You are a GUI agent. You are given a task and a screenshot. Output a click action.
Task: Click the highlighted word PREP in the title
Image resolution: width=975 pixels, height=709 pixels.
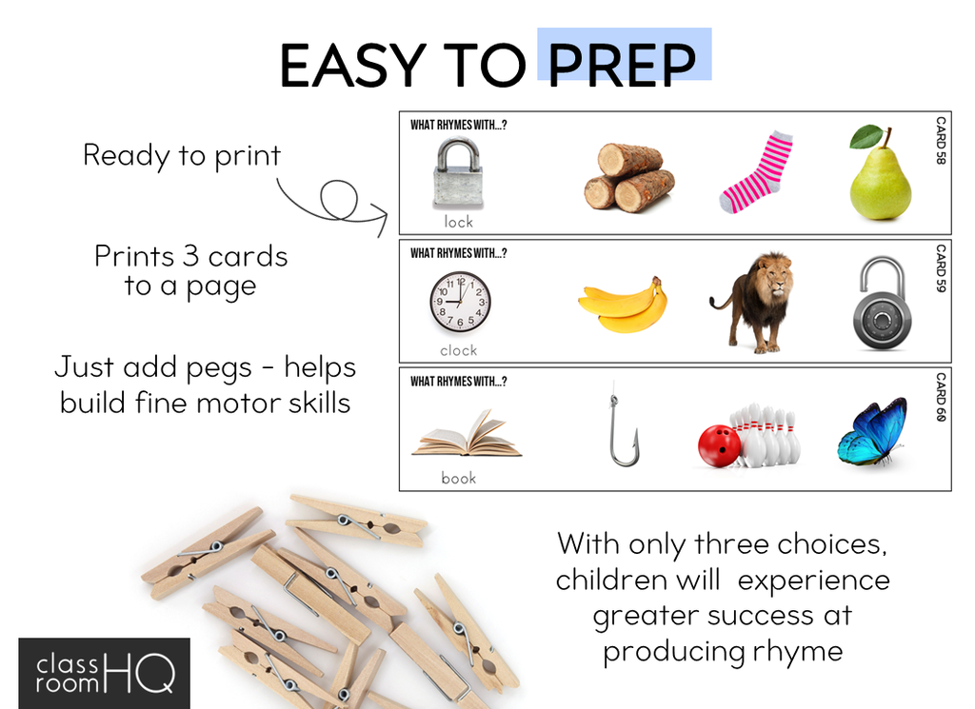pyautogui.click(x=622, y=65)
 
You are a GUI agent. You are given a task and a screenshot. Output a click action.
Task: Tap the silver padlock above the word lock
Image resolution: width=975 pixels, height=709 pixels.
pyautogui.click(x=458, y=173)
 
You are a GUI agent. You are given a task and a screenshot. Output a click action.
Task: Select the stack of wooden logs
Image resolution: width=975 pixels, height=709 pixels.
pyautogui.click(x=628, y=178)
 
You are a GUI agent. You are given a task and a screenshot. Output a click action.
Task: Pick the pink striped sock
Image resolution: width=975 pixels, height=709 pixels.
pyautogui.click(x=755, y=172)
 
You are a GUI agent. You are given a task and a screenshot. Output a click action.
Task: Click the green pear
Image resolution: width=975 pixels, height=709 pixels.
pyautogui.click(x=880, y=173)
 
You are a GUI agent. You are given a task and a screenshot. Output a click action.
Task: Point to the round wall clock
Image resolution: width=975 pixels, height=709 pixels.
pyautogui.click(x=460, y=303)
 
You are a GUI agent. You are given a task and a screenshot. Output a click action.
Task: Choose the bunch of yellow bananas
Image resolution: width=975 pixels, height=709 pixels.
pyautogui.click(x=623, y=305)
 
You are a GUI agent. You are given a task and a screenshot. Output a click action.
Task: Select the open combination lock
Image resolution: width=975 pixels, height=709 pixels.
pyautogui.click(x=883, y=304)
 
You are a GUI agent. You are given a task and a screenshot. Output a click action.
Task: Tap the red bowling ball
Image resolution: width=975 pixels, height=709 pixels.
pyautogui.click(x=719, y=445)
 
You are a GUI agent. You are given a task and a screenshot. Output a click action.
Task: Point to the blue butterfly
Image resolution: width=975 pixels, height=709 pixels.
pyautogui.click(x=872, y=431)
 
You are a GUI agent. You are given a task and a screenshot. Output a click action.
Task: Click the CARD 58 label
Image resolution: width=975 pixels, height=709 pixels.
pyautogui.click(x=941, y=141)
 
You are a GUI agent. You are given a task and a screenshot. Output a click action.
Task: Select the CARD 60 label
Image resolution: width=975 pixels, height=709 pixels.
pyautogui.click(x=941, y=397)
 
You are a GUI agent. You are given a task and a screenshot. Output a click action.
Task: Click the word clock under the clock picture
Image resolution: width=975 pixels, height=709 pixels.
pyautogui.click(x=458, y=350)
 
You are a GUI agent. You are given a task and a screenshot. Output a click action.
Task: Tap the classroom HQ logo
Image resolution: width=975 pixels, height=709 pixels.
pyautogui.click(x=105, y=674)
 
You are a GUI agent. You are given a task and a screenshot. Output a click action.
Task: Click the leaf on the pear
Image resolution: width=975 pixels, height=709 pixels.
pyautogui.click(x=866, y=136)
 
